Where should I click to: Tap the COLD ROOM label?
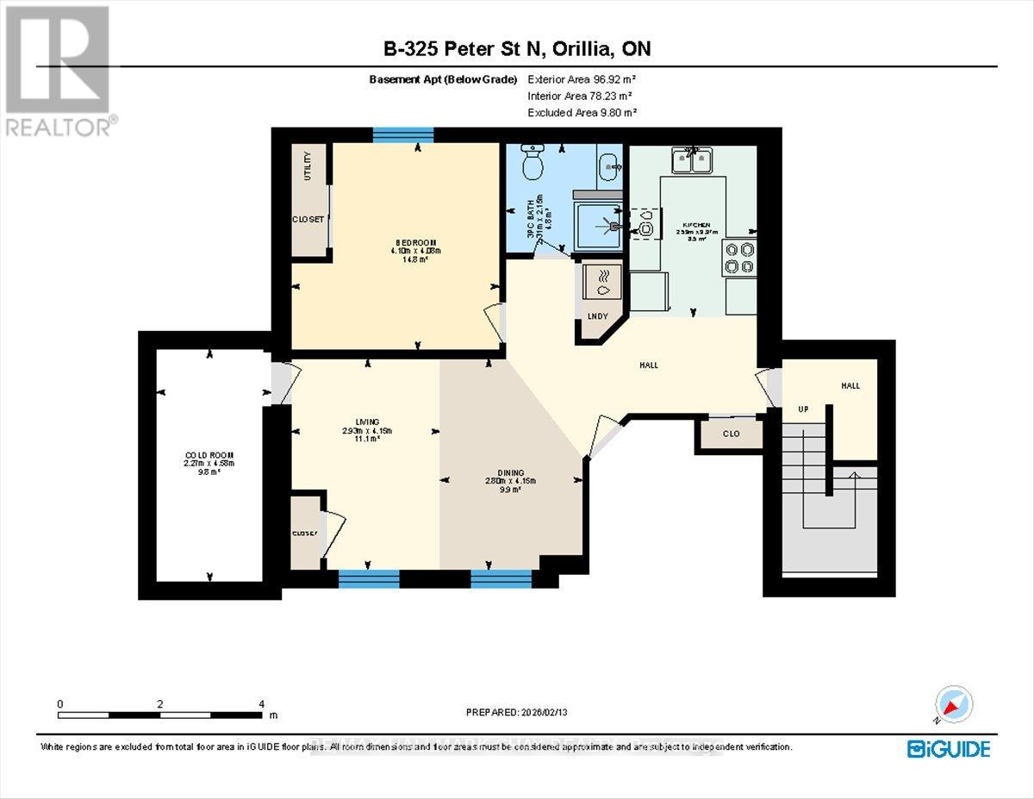click(x=209, y=454)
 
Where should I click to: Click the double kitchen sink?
click(x=694, y=159)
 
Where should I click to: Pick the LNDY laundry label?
click(x=597, y=316)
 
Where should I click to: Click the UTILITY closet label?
click(x=307, y=165)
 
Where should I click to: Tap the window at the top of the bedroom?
click(x=403, y=134)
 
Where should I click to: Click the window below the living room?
click(x=369, y=578)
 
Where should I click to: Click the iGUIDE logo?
click(x=948, y=748)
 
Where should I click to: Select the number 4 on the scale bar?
click(x=261, y=704)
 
